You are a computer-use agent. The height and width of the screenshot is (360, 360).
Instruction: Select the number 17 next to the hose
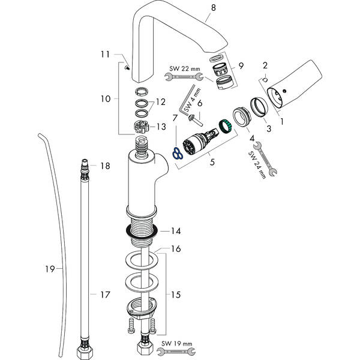click(105, 294)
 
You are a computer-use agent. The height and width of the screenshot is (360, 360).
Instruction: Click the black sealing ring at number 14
click(142, 231)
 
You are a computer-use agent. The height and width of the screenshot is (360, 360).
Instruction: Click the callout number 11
click(106, 54)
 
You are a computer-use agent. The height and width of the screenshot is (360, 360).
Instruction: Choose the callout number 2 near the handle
click(266, 65)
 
